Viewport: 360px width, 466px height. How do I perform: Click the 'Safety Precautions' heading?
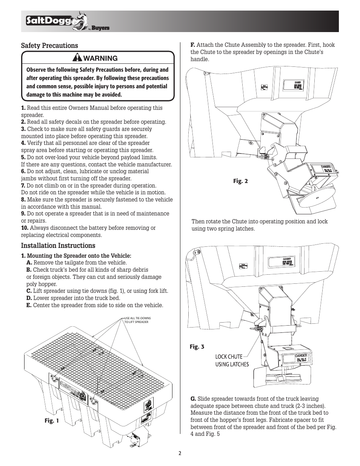pyautogui.click(x=49, y=46)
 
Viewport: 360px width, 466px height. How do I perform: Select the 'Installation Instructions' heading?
pyautogui.click(x=58, y=246)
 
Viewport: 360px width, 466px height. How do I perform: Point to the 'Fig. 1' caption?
pyautogui.click(x=51, y=421)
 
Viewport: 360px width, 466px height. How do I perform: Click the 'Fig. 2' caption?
pyautogui.click(x=240, y=181)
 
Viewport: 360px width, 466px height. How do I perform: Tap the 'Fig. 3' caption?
pyautogui.click(x=197, y=346)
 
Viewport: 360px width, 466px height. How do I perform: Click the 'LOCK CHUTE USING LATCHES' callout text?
pyautogui.click(x=232, y=360)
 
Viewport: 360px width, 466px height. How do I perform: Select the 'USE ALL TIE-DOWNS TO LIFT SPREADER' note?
pyautogui.click(x=137, y=320)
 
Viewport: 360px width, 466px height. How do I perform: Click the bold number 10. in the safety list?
pyautogui.click(x=25, y=228)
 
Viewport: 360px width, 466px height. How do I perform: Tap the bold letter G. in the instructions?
pyautogui.click(x=193, y=399)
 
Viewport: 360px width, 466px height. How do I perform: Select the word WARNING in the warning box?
pyautogui.click(x=100, y=58)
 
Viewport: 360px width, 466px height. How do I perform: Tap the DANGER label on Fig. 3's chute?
pyautogui.click(x=301, y=356)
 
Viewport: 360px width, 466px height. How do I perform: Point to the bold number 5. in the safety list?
pyautogui.click(x=23, y=157)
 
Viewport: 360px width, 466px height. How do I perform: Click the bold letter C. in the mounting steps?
pyautogui.click(x=29, y=291)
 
